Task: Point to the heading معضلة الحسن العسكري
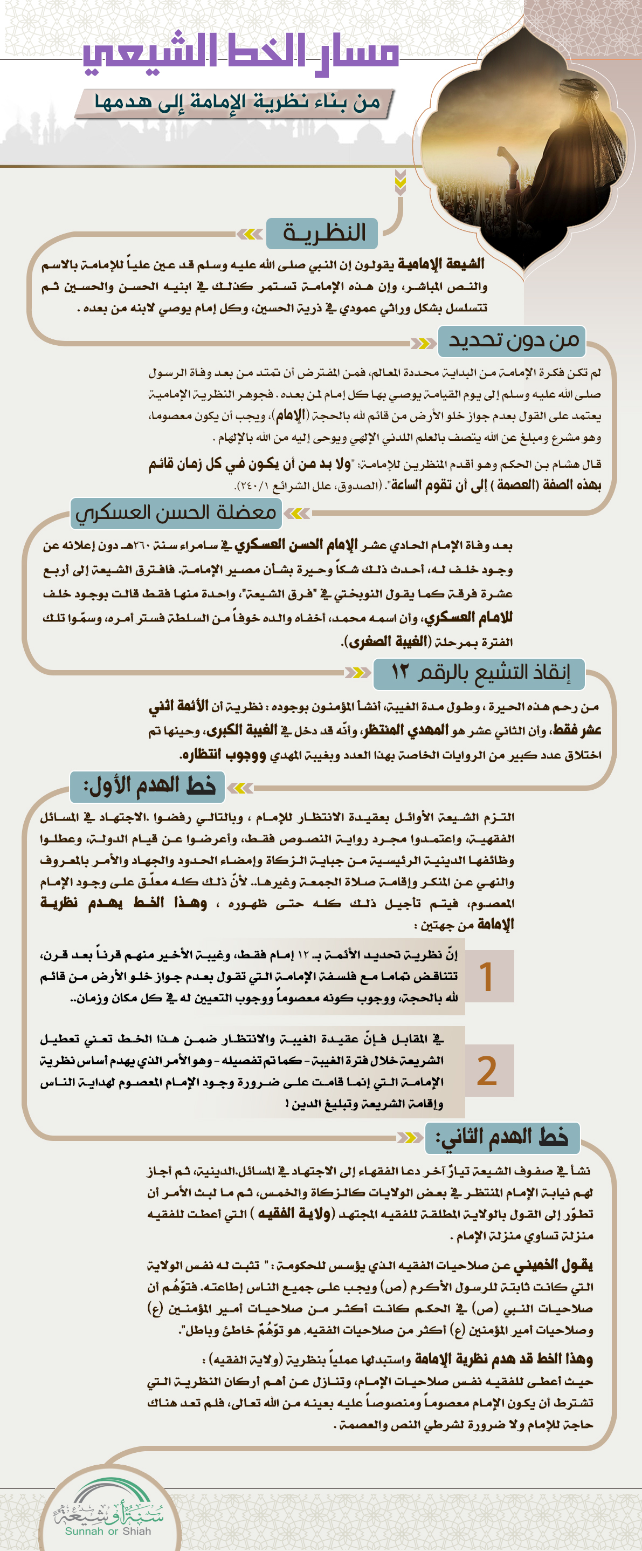(176, 513)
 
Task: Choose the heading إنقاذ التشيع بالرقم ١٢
(480, 673)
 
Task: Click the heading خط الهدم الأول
(148, 785)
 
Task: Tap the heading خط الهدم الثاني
(502, 1137)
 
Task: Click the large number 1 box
(488, 976)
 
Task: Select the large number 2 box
(488, 1070)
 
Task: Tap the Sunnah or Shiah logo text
(108, 1530)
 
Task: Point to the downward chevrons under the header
(400, 182)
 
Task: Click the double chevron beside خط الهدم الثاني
(410, 1137)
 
